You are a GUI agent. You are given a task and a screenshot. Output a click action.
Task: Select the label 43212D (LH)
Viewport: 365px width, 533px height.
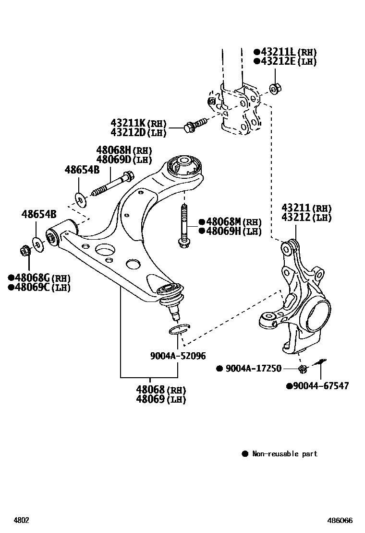pyautogui.click(x=138, y=133)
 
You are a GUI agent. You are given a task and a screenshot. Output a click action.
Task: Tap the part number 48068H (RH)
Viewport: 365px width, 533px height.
pyautogui.click(x=124, y=150)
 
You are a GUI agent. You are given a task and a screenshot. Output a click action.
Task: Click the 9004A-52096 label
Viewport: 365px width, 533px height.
pyautogui.click(x=178, y=356)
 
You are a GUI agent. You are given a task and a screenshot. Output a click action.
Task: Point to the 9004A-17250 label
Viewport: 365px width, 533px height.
pyautogui.click(x=254, y=369)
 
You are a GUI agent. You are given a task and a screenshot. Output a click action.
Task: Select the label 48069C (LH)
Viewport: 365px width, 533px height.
pyautogui.click(x=39, y=288)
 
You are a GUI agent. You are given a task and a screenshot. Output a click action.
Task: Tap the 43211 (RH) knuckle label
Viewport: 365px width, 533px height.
pyautogui.click(x=306, y=208)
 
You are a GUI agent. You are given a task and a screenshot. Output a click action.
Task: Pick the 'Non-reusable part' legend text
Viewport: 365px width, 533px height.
pyautogui.click(x=285, y=453)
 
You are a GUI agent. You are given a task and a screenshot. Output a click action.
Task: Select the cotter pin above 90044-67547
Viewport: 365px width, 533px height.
pyautogui.click(x=320, y=362)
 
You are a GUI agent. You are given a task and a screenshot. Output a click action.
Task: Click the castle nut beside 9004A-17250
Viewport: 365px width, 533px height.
pyautogui.click(x=303, y=368)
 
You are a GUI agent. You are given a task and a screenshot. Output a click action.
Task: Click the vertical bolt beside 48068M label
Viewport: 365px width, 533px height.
pyautogui.click(x=183, y=226)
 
